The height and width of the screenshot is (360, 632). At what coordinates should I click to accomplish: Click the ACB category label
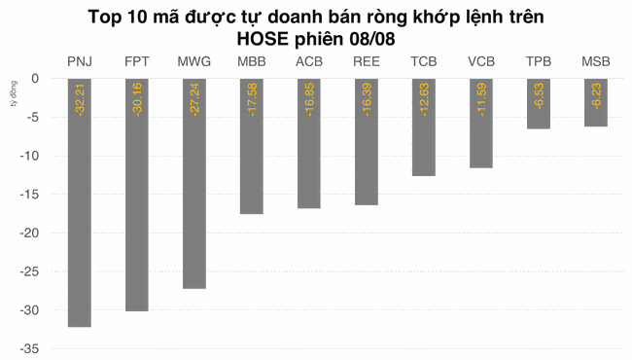point(309,62)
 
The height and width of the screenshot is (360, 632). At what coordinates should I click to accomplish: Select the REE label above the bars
point(367,62)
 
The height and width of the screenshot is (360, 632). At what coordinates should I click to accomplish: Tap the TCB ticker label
point(424,62)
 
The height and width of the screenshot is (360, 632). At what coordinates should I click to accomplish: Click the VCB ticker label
point(481,62)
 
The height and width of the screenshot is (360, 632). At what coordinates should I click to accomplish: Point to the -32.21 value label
point(80,101)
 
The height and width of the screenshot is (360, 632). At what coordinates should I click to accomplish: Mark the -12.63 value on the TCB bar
point(424,101)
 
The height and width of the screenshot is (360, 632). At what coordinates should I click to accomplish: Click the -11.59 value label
point(481,101)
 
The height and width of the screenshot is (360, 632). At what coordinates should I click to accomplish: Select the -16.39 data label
point(367,101)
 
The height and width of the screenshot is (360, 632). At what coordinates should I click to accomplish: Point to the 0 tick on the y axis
point(34,78)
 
